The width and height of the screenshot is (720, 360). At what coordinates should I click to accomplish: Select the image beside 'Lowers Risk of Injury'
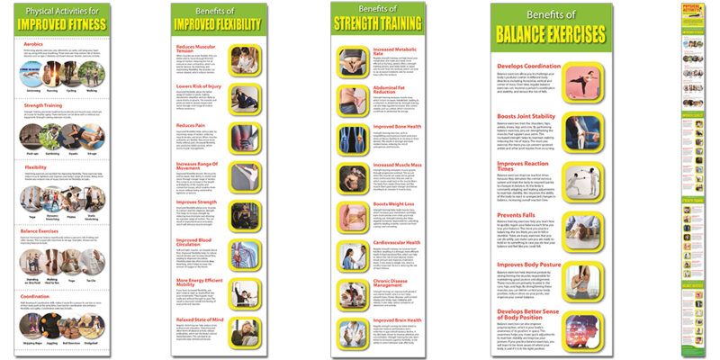[246, 97]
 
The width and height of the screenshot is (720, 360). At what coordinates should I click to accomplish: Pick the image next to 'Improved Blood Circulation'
[246, 249]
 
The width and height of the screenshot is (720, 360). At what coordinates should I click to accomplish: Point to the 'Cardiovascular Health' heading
[399, 243]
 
